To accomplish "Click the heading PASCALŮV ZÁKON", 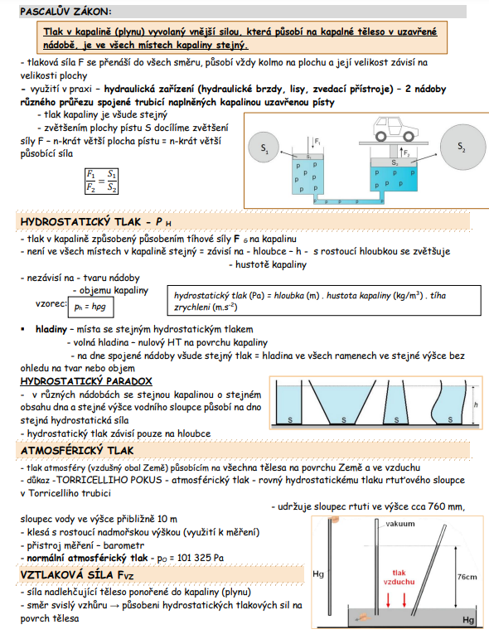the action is (x=65, y=12).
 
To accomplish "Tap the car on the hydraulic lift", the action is (x=396, y=128).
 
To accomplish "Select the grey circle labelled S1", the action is (x=264, y=148).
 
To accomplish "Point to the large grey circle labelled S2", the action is (x=462, y=147).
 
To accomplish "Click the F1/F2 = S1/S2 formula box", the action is (x=101, y=181).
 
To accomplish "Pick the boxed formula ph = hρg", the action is (x=90, y=307).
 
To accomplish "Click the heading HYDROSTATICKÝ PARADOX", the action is (x=86, y=381).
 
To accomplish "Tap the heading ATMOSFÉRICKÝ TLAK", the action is (x=77, y=451).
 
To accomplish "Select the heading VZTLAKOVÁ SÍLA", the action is (x=77, y=575).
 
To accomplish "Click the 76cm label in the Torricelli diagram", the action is (x=467, y=577).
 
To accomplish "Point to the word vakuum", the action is (x=400, y=524).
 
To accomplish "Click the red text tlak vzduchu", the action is (x=399, y=577).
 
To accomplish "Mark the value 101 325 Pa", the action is (x=201, y=558).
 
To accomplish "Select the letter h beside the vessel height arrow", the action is (x=476, y=404).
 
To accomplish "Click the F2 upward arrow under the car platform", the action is (x=401, y=152).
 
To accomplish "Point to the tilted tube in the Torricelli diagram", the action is (x=429, y=570).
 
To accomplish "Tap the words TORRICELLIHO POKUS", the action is (x=109, y=480).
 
